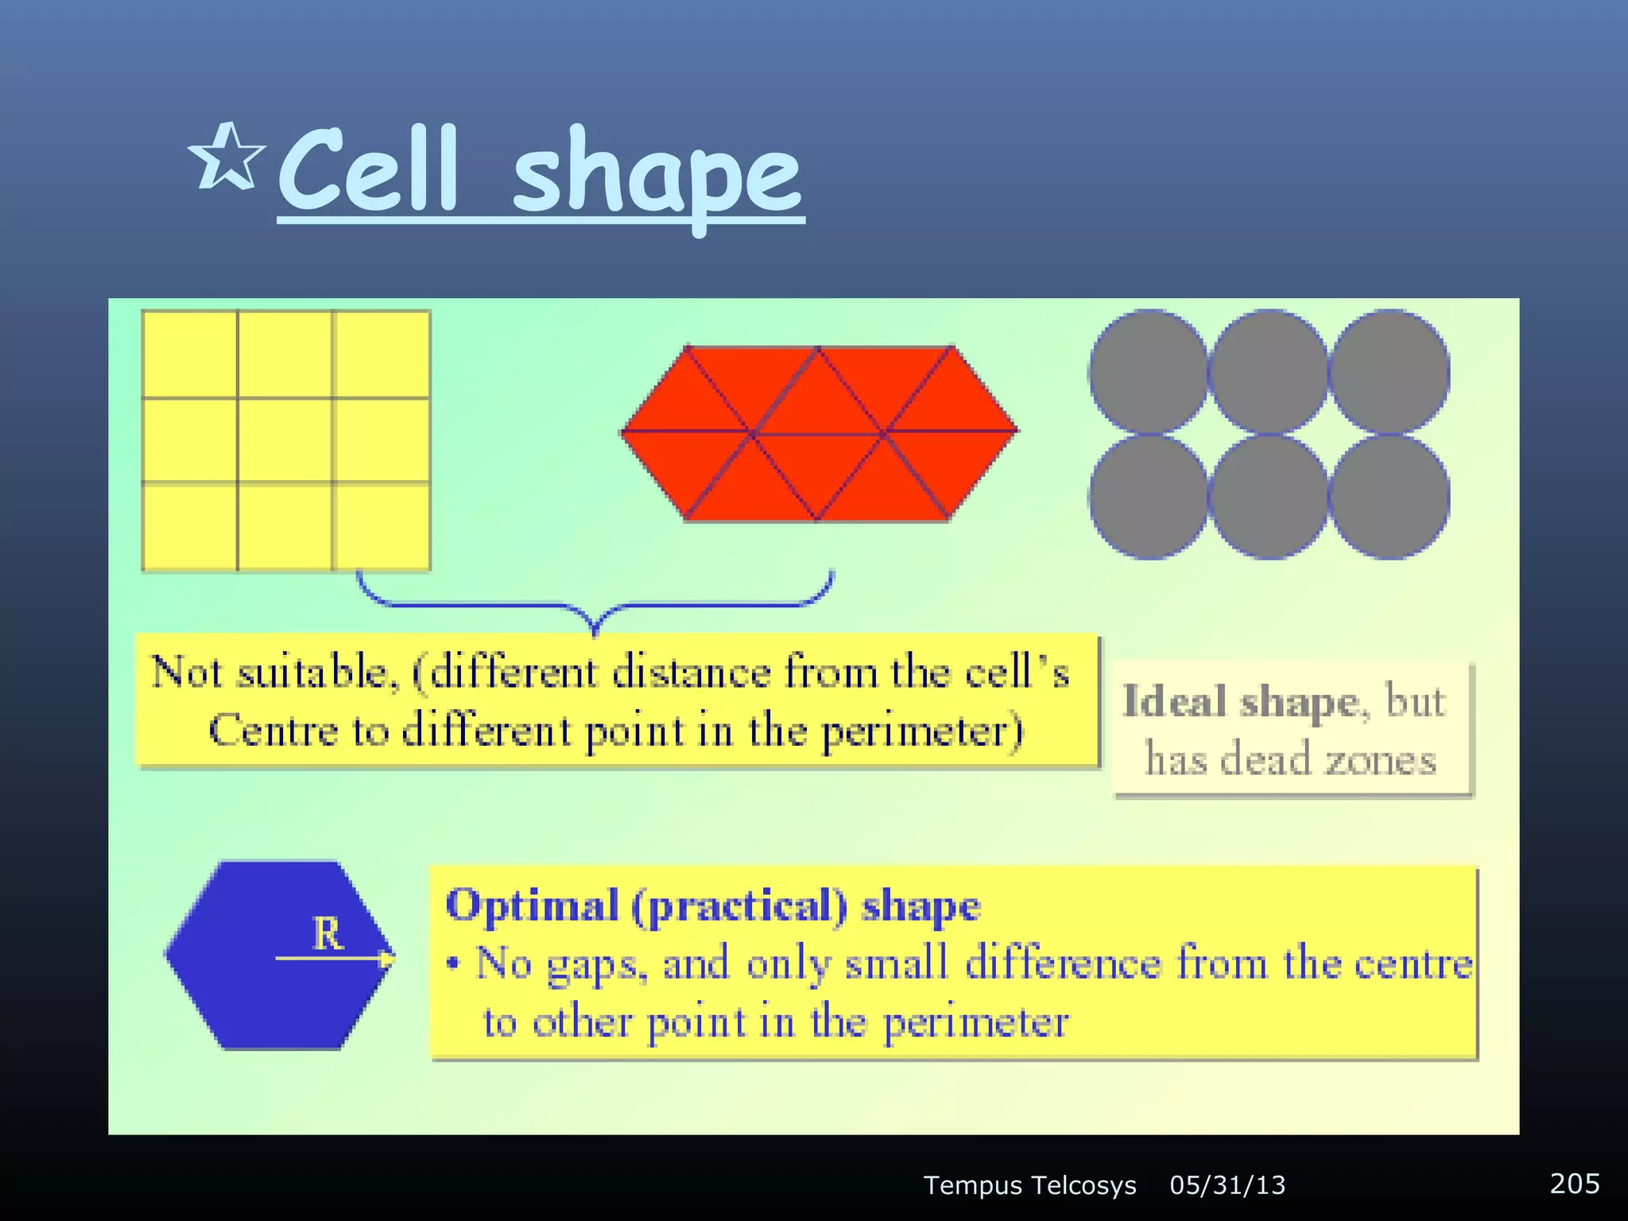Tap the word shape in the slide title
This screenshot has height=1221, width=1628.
657,175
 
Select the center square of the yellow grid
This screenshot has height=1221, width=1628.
285,440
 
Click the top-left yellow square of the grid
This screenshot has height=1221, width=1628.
190,355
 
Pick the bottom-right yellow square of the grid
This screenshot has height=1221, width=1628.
382,526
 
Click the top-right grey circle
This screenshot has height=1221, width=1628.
1390,372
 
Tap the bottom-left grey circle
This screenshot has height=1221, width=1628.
1149,497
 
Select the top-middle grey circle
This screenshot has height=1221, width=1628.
1269,372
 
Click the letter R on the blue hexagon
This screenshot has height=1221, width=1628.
328,934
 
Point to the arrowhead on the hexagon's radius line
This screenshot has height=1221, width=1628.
387,959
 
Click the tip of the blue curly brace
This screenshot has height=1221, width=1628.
595,630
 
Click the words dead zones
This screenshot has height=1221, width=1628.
1328,760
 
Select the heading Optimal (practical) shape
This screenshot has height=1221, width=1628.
713,906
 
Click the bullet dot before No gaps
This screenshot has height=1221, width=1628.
453,964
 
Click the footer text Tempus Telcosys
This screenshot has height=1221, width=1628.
1029,1185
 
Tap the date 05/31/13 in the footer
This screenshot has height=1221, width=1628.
1227,1185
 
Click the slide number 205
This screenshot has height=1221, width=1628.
1574,1184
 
